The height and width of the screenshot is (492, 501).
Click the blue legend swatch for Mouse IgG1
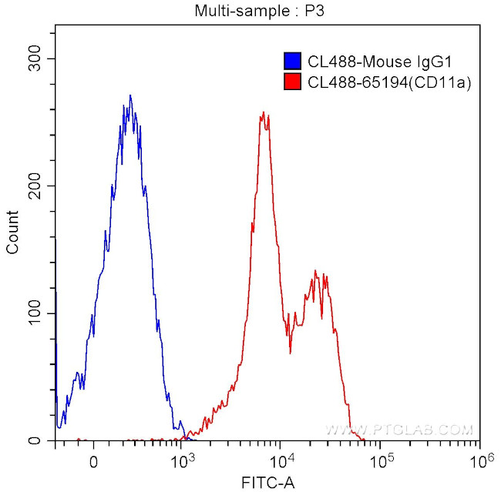[292, 60]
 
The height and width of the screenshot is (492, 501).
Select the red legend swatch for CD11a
[292, 82]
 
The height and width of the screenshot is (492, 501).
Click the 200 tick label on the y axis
[36, 186]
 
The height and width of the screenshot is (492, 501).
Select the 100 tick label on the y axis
[36, 314]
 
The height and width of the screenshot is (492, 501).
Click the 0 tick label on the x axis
[93, 464]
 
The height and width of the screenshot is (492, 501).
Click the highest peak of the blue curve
[130, 95]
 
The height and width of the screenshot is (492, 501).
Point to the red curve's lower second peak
[315, 271]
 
